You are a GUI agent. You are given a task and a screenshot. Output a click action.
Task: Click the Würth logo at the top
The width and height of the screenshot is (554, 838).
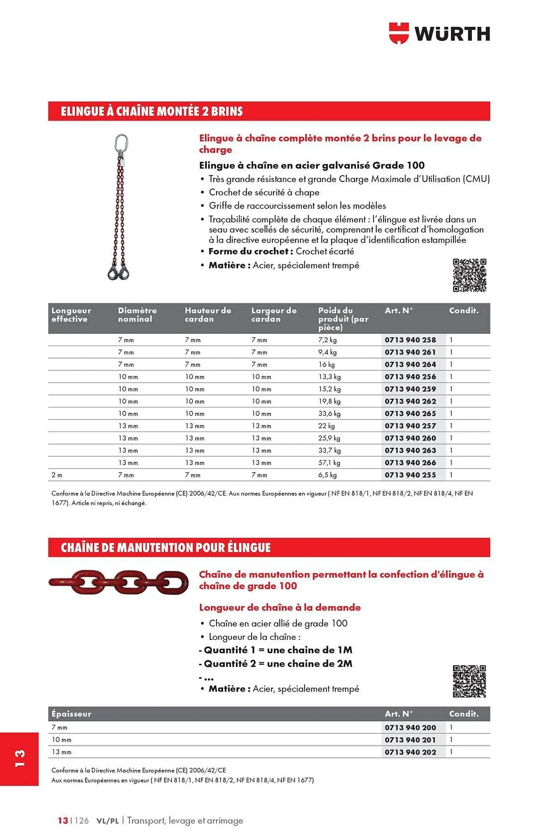439,33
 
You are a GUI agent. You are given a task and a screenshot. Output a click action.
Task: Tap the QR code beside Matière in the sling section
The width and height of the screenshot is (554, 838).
469,275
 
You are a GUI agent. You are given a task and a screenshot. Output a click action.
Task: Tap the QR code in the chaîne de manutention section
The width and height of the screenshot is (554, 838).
469,681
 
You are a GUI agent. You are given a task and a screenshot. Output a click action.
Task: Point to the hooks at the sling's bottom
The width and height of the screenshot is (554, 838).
119,272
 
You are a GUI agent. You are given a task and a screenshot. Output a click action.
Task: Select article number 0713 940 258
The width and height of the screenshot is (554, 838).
410,340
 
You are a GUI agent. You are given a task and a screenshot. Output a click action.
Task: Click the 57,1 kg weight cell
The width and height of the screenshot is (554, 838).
329,463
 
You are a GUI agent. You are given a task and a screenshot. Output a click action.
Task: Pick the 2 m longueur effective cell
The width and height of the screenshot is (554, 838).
57,475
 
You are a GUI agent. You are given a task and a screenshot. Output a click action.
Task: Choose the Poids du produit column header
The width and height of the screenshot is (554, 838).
343,318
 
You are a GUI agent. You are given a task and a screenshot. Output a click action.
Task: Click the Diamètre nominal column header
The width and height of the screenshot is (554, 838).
137,315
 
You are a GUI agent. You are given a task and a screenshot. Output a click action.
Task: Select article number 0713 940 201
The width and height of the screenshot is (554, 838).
410,740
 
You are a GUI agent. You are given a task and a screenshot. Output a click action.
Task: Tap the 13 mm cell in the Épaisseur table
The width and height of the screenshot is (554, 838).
62,752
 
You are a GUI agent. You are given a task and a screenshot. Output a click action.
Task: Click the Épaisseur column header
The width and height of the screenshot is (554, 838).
72,714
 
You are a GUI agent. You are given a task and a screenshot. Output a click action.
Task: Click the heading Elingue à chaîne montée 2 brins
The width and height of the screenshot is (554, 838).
152,111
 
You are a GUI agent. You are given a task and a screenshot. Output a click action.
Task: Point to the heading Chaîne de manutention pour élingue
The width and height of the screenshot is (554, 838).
166,548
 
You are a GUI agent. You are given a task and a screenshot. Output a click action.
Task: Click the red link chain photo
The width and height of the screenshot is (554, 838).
119,582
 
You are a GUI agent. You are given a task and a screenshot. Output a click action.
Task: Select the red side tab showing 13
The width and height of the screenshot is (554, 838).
20,759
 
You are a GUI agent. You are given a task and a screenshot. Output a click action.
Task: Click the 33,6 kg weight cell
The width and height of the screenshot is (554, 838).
329,414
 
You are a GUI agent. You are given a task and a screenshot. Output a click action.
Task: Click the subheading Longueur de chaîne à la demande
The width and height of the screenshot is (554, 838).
280,608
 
